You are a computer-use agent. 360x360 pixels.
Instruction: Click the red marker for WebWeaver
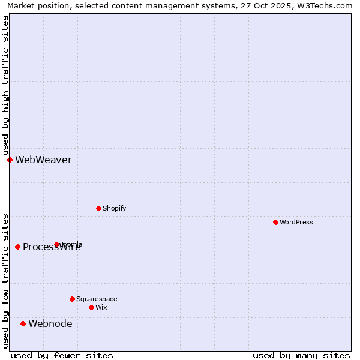point(10,160)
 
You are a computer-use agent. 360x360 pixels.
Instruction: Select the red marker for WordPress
point(275,222)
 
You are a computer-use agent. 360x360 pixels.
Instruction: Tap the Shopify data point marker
point(98,208)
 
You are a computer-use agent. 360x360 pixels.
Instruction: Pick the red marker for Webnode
point(23,323)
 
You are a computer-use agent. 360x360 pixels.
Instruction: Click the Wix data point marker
point(91,307)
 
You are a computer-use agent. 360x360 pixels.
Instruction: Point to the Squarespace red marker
point(72,299)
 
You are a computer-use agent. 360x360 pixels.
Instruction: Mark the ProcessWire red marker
point(17,247)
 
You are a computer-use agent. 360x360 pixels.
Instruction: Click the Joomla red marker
point(56,244)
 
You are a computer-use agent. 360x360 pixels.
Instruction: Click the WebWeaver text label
point(43,160)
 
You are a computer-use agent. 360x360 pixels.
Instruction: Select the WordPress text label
point(296,222)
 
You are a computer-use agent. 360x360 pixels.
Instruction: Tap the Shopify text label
point(114,208)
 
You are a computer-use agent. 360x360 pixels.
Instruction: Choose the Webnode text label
point(50,323)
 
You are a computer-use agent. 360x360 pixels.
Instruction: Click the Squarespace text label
point(97,299)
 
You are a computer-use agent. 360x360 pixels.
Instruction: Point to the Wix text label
point(101,307)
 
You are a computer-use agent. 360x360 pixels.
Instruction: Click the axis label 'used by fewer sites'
point(62,355)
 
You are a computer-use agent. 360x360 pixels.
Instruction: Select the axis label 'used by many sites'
point(301,355)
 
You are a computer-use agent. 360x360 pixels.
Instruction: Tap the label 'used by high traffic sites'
point(5,85)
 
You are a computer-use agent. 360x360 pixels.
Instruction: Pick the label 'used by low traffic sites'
point(5,281)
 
